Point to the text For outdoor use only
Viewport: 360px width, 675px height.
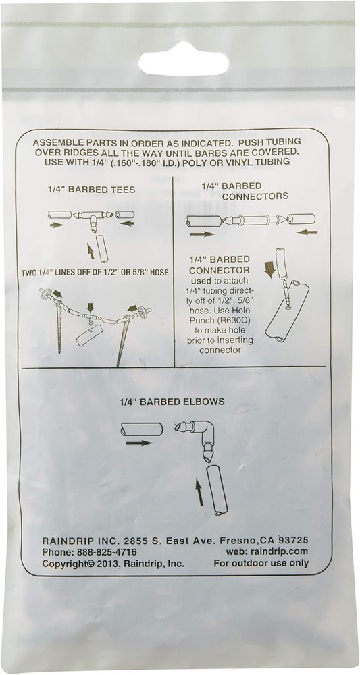(x=261, y=563)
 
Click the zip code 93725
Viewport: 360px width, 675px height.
(x=290, y=540)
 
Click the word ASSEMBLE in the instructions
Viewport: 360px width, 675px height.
(x=59, y=144)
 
